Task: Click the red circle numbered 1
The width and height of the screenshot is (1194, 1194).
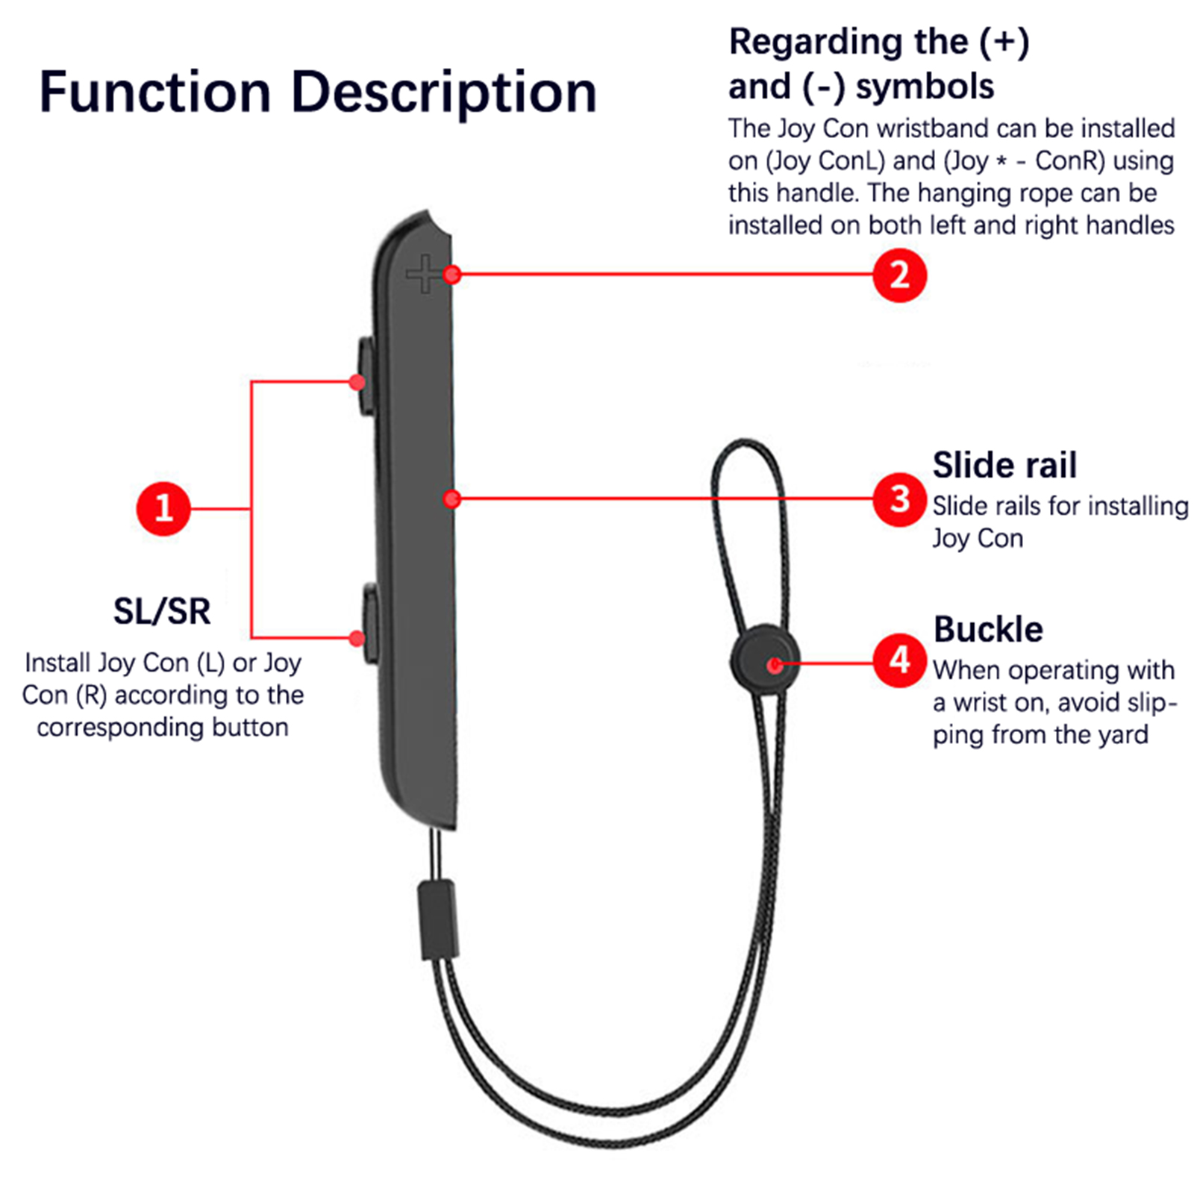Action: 163,509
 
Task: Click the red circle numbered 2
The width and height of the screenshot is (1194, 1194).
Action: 899,275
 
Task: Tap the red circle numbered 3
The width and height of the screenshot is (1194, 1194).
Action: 899,499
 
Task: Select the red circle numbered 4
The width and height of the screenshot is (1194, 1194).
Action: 899,660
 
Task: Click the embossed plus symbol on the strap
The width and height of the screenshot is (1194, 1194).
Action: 425,273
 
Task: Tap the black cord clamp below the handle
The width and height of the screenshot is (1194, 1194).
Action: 437,919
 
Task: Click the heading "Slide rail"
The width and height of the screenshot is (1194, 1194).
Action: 1004,465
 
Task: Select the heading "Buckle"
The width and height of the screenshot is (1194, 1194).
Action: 988,629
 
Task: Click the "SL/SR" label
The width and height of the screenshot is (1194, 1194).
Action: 162,611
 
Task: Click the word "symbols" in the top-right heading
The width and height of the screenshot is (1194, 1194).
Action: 925,87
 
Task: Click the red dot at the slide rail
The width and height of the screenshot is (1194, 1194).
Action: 451,498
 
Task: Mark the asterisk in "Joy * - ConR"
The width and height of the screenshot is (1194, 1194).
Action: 1001,163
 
